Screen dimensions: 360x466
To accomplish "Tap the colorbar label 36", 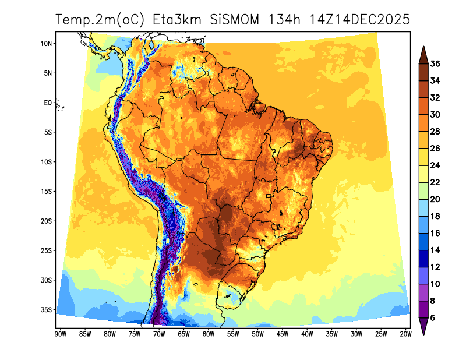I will (435, 63).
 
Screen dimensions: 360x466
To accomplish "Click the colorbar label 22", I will (435, 182).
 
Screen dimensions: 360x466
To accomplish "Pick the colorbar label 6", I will (433, 317).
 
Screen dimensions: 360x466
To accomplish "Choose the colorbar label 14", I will (435, 250).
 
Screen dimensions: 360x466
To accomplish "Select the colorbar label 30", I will (435, 115).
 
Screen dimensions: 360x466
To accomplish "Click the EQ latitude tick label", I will (48, 103).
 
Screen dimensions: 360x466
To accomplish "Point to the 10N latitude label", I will (47, 44).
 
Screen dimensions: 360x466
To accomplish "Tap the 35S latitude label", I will (47, 309).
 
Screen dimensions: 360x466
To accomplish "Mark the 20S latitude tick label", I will (47, 221).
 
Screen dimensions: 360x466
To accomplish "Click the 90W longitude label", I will (59, 334).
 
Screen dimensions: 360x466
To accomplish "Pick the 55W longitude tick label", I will (233, 334).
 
